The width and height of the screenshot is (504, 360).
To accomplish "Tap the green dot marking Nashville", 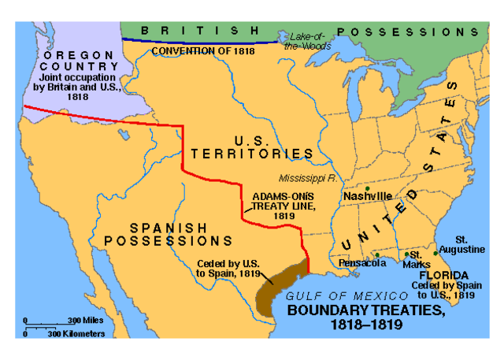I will click(x=368, y=188).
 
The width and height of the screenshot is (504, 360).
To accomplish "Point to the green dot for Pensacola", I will click(x=378, y=254).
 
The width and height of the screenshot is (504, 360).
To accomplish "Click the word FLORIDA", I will click(x=449, y=276).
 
